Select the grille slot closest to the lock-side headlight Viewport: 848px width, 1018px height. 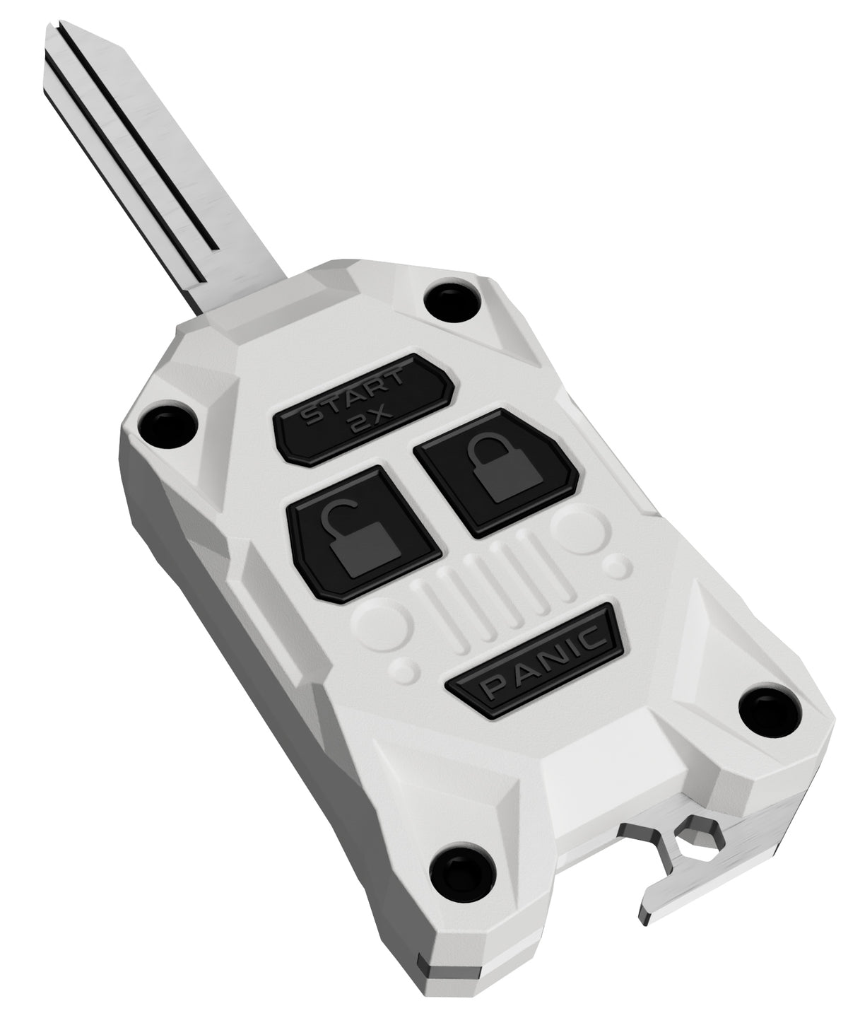point(544,566)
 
